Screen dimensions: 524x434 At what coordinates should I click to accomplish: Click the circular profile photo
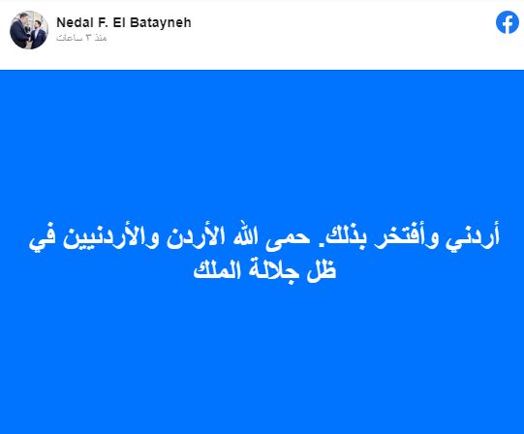[29, 30]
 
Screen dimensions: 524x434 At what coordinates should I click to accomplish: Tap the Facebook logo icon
[508, 22]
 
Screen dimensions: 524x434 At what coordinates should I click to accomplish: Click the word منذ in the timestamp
[101, 38]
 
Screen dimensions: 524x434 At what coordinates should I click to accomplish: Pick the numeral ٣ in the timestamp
[88, 38]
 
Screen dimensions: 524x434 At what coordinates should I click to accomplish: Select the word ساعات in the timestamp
[70, 38]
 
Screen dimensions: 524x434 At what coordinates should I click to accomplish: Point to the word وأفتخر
[399, 235]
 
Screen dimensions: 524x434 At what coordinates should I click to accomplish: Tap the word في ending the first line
[43, 238]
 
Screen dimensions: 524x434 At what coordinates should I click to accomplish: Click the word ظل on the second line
[322, 269]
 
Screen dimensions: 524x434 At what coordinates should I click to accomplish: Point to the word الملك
[217, 269]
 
